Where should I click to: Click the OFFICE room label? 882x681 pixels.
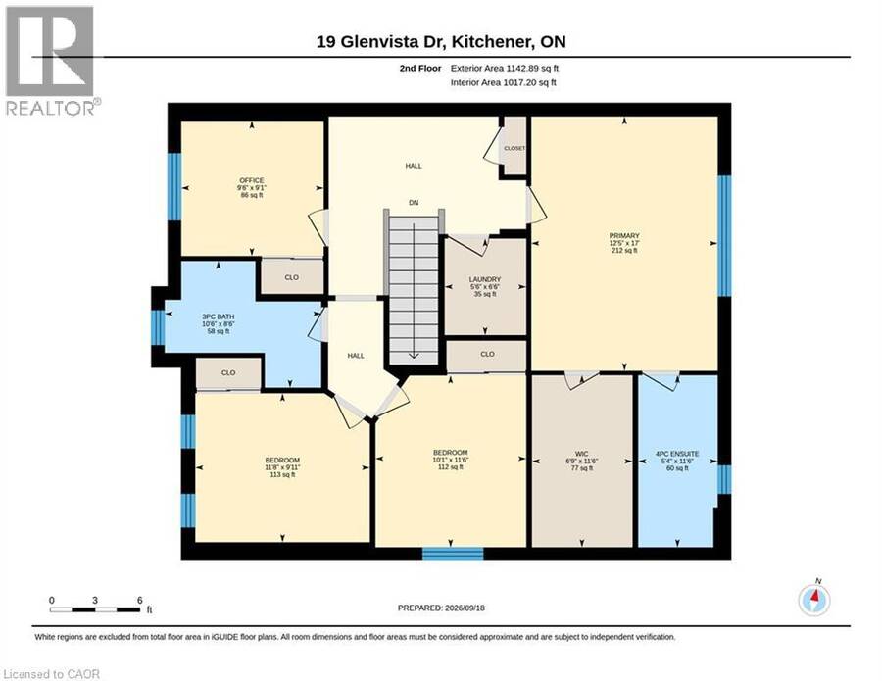(x=252, y=180)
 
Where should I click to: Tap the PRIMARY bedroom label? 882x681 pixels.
(x=624, y=235)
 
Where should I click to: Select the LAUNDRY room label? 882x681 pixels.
(x=485, y=279)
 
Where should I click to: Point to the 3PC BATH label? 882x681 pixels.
(x=219, y=316)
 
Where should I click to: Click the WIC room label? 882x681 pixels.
(x=581, y=454)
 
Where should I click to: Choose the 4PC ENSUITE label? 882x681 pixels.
(x=677, y=454)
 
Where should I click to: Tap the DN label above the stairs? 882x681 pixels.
(x=414, y=203)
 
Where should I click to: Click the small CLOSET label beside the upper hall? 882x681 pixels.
(x=514, y=149)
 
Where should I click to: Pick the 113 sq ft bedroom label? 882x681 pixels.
(x=282, y=460)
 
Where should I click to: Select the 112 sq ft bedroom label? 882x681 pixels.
(x=451, y=453)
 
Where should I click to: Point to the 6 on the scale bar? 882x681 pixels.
(x=139, y=600)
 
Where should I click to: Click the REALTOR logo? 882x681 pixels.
(x=51, y=60)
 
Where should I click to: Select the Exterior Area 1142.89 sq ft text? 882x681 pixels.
(x=505, y=68)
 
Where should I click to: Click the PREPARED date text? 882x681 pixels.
(x=441, y=608)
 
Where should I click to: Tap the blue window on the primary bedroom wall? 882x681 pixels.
(x=724, y=235)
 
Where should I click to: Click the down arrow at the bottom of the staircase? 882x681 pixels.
(x=414, y=356)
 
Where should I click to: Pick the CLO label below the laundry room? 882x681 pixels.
(x=487, y=355)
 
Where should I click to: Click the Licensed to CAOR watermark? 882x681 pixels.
(x=51, y=674)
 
